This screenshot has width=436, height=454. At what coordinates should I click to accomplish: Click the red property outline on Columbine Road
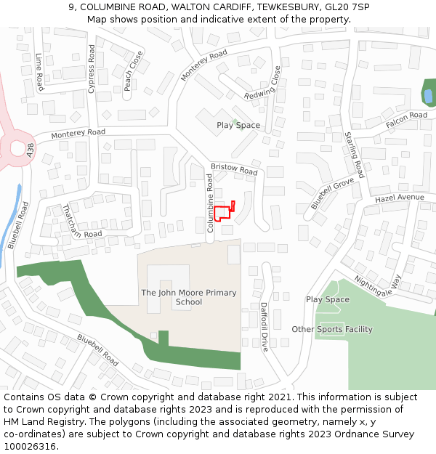[x=222, y=211]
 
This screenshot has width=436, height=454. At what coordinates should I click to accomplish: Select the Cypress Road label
[x=92, y=69]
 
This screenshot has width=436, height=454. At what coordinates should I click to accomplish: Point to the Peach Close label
[x=133, y=70]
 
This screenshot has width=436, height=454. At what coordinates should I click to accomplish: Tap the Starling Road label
[x=355, y=155]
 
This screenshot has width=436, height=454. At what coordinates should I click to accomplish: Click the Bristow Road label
[x=234, y=169]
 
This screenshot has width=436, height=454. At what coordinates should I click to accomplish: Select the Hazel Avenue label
[x=399, y=198]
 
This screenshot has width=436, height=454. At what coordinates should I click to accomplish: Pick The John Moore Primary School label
[x=189, y=297]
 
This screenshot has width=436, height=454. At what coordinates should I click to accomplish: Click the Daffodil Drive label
[x=264, y=327]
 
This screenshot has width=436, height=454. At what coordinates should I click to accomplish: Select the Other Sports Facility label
[x=332, y=329]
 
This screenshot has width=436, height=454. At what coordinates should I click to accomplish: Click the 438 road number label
[x=30, y=150]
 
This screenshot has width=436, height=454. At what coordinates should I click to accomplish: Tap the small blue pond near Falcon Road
[x=428, y=95]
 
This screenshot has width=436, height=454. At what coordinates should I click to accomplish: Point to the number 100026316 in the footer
[x=28, y=446]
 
